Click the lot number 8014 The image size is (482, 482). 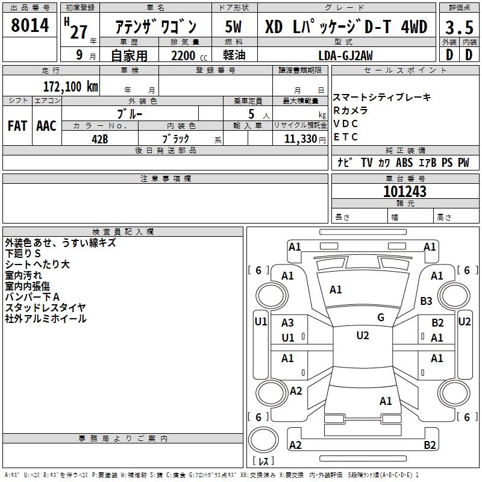click(x=30, y=26)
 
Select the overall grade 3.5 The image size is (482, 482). click(x=458, y=28)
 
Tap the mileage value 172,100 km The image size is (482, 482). click(x=70, y=86)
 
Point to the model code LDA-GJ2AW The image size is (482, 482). click(x=345, y=55)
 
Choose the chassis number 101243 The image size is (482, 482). click(x=405, y=192)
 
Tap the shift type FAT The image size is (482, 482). click(x=17, y=126)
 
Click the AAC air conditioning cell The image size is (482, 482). click(x=46, y=126)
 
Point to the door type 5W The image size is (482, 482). click(x=234, y=27)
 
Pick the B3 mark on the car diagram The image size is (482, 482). click(x=427, y=301)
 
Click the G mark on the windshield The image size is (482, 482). click(x=380, y=318)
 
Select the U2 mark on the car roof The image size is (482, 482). click(x=362, y=336)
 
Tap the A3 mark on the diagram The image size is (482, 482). click(x=288, y=323)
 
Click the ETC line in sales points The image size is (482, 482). click(x=346, y=137)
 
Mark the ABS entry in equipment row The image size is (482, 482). click(x=404, y=163)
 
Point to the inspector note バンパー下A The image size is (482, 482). click(x=32, y=296)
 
